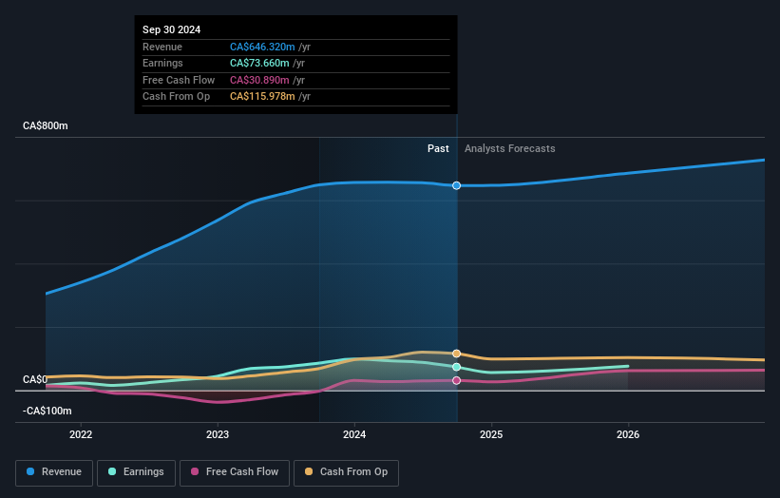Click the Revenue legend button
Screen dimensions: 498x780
(54, 471)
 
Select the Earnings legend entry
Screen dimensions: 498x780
(136, 471)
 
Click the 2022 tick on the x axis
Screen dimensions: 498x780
(81, 435)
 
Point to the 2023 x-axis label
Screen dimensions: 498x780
(218, 435)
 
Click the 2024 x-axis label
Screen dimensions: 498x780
(354, 435)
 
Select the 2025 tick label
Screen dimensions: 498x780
(491, 435)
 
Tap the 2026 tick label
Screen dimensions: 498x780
(628, 435)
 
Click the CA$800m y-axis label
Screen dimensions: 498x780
(46, 125)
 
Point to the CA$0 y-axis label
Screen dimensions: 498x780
(35, 379)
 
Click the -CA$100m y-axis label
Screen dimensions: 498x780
(48, 411)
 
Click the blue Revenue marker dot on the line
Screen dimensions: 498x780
(457, 185)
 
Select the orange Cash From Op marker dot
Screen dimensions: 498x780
(457, 354)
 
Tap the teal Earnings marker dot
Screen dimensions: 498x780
(457, 367)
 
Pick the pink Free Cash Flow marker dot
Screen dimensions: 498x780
(457, 380)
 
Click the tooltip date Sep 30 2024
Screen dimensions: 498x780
(172, 30)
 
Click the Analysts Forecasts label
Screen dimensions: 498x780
(509, 148)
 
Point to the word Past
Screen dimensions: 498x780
(438, 148)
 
